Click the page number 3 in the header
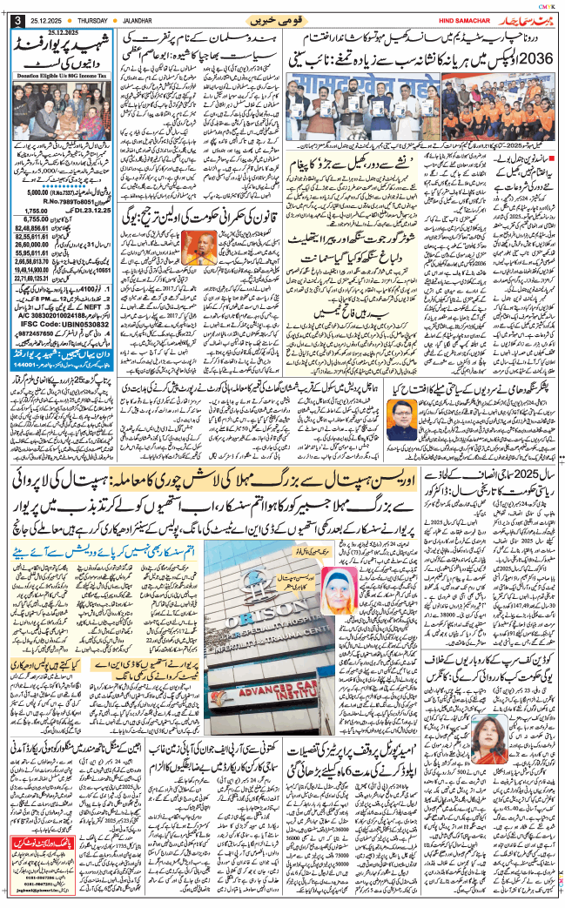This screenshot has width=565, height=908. coord(17,20)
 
